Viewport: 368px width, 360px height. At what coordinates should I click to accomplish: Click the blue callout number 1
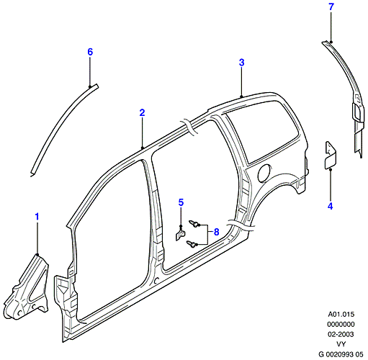click(x=37, y=217)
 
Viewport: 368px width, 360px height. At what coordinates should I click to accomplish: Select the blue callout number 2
click(x=143, y=112)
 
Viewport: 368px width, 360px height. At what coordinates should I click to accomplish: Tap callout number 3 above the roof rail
click(x=242, y=63)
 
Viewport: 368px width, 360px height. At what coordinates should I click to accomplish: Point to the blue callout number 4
click(x=331, y=206)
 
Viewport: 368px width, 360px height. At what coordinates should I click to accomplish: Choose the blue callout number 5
click(x=181, y=202)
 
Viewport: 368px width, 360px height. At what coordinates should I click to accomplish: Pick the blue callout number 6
click(x=90, y=52)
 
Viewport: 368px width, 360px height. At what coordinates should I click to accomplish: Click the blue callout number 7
click(x=331, y=6)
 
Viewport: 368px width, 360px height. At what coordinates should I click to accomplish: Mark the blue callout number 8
click(x=216, y=232)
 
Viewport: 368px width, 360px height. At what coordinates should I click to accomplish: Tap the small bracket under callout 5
click(x=180, y=235)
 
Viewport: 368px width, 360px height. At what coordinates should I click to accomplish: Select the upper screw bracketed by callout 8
click(x=194, y=224)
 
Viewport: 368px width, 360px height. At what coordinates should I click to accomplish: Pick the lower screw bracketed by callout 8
click(x=192, y=245)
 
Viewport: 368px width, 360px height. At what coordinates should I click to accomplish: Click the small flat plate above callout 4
click(x=330, y=156)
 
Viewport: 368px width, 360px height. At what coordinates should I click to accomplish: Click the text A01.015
click(x=341, y=314)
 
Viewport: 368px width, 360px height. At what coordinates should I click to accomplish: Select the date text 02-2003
click(x=341, y=334)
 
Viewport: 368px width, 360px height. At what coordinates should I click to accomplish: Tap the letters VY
click(x=341, y=344)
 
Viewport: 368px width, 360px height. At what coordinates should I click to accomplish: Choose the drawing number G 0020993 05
click(x=341, y=354)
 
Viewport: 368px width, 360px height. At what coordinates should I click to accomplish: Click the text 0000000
click(x=341, y=324)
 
